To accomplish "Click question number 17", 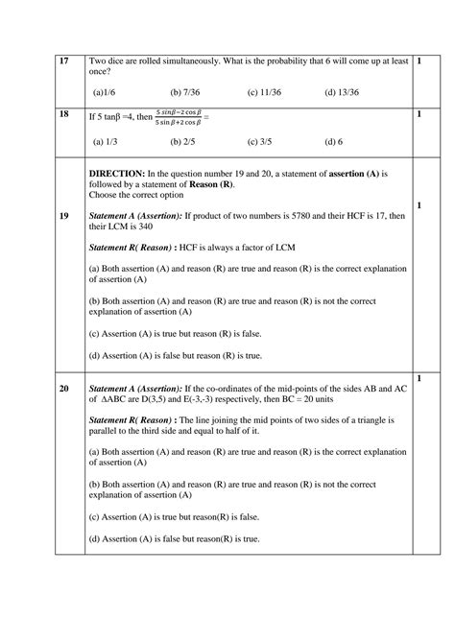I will pos(37,60).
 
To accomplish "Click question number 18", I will pos(37,113).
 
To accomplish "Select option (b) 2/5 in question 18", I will pos(182,142).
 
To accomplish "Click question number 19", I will pos(37,217).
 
